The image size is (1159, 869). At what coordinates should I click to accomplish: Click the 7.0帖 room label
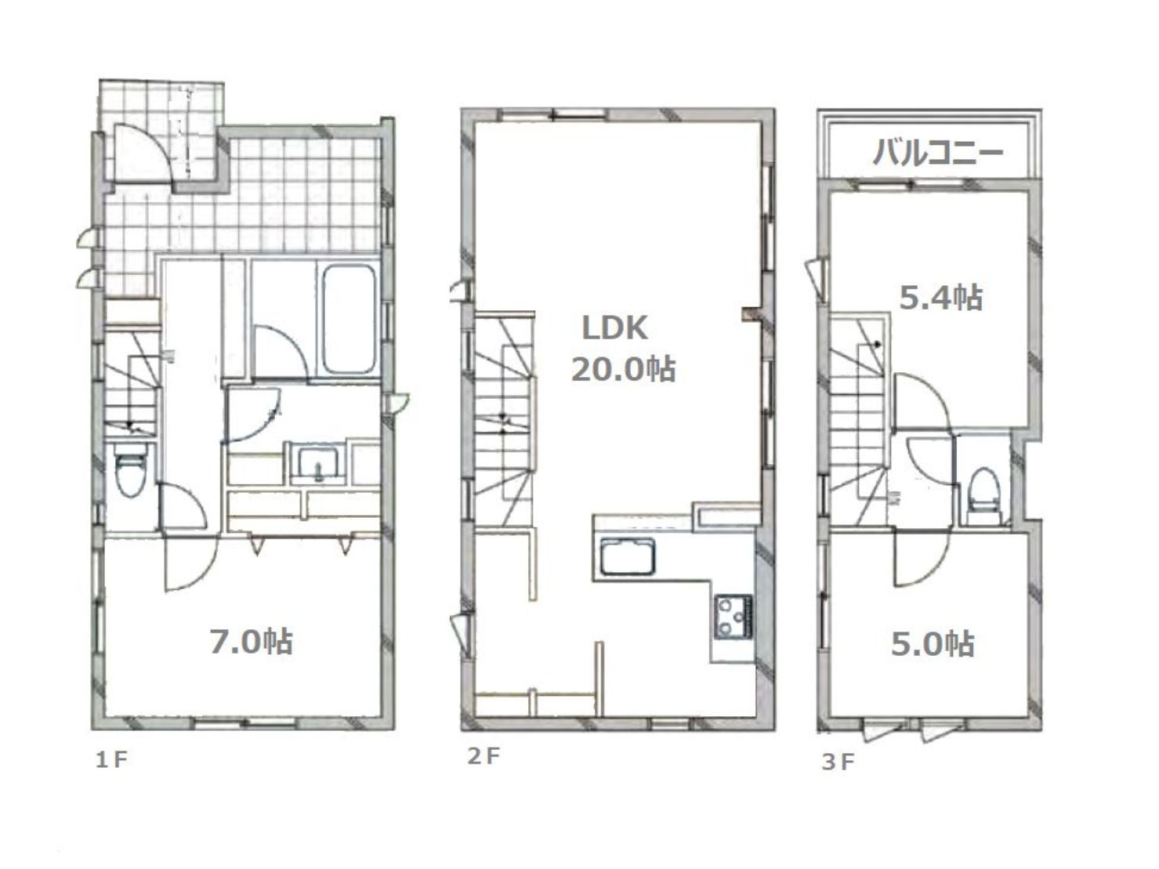click(252, 642)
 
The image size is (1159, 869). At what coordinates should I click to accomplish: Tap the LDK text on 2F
click(614, 328)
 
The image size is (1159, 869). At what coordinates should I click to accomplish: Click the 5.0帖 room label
click(933, 644)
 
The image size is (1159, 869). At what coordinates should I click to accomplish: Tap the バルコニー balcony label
click(937, 153)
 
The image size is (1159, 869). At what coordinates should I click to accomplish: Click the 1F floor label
click(111, 760)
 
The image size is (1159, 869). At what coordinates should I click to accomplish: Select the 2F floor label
click(484, 756)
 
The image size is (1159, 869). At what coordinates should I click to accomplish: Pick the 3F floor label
click(838, 762)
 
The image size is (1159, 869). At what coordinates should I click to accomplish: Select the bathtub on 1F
click(349, 319)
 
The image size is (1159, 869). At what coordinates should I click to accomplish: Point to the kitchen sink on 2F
click(627, 556)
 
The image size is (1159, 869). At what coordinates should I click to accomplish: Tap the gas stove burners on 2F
click(733, 616)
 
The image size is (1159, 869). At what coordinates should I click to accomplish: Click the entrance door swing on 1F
click(143, 152)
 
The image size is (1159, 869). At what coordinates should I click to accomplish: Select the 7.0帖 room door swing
click(190, 564)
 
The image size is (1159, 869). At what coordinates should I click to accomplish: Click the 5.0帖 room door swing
click(922, 558)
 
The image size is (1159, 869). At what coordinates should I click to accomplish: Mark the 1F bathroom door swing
click(281, 353)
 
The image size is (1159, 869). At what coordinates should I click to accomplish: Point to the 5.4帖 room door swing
click(922, 400)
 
